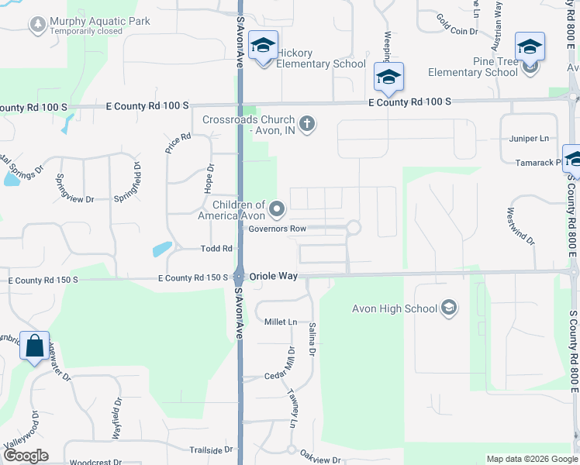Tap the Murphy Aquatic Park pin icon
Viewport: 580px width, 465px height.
tap(36, 26)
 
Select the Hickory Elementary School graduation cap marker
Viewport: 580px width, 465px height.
tap(264, 46)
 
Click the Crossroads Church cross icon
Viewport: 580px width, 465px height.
tap(307, 123)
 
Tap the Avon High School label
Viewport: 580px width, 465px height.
tap(395, 309)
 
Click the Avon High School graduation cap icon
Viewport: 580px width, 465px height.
tap(448, 309)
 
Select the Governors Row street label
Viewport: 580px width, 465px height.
tap(278, 229)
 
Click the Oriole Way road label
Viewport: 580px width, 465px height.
tap(274, 276)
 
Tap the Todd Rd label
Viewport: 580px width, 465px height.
tap(217, 248)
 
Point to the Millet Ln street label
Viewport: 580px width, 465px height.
tap(281, 322)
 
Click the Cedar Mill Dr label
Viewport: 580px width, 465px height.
tap(288, 361)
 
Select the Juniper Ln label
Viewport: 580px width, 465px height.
tap(529, 139)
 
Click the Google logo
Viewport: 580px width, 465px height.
tap(25, 456)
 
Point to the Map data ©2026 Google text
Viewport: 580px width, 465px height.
tap(531, 459)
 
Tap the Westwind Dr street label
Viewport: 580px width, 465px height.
tap(521, 226)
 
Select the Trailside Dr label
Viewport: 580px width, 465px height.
tap(211, 449)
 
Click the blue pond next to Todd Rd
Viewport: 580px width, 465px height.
tap(163, 249)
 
